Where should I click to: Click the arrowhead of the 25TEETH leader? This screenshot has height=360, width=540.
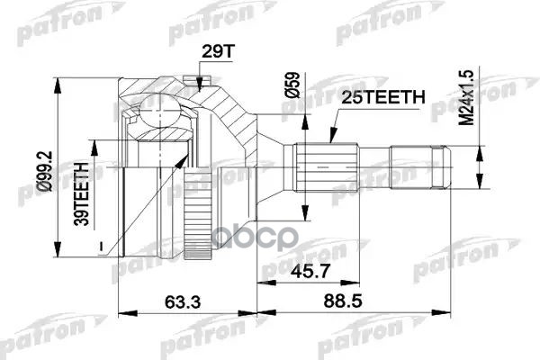click(x=330, y=144)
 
